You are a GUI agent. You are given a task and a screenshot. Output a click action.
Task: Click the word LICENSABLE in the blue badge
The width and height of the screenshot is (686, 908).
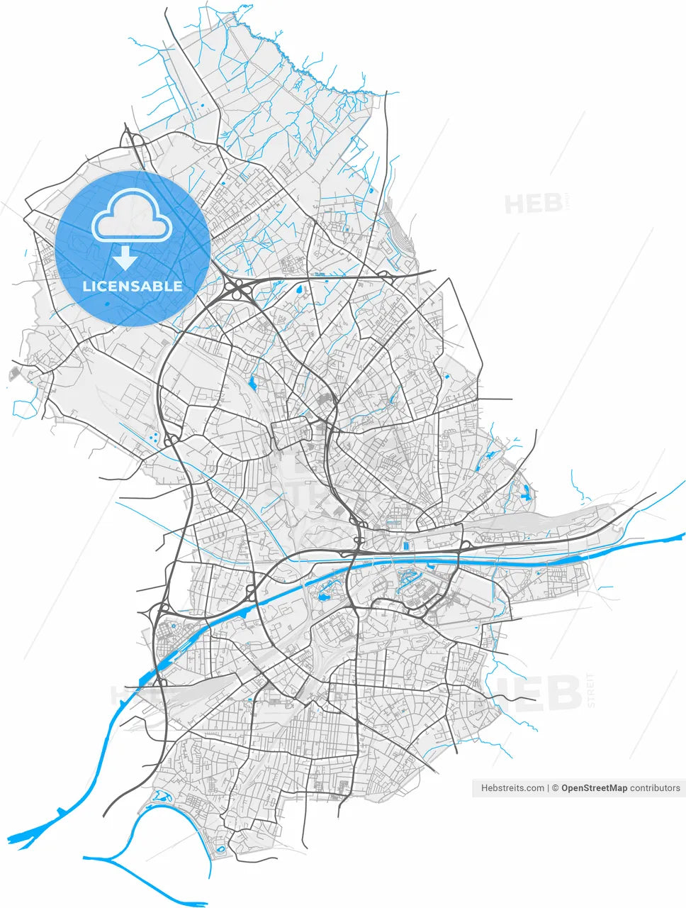(133, 287)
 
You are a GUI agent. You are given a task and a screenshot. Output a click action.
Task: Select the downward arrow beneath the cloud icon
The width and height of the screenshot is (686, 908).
(125, 258)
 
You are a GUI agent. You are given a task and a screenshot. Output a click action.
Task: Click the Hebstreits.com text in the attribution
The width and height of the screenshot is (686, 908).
(512, 788)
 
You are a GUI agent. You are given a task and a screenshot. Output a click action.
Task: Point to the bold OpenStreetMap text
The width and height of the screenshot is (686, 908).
(594, 788)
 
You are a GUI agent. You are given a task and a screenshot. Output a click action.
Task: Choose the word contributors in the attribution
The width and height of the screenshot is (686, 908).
(656, 788)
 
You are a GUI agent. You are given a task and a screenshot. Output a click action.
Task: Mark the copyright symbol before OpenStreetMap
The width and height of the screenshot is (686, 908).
(556, 788)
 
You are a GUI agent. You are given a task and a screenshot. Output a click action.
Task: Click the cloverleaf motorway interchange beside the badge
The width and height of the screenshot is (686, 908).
(239, 289)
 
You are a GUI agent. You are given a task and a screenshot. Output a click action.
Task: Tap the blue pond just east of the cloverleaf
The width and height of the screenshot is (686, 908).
(297, 289)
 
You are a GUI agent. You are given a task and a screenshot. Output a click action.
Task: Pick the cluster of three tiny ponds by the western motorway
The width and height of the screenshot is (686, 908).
(153, 437)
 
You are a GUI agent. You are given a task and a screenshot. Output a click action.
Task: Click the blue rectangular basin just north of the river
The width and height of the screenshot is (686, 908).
(405, 546)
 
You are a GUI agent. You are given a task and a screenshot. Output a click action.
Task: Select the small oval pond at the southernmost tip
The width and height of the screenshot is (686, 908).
(220, 848)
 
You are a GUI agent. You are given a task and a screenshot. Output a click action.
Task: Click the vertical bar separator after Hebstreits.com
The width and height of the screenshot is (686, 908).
(549, 788)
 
